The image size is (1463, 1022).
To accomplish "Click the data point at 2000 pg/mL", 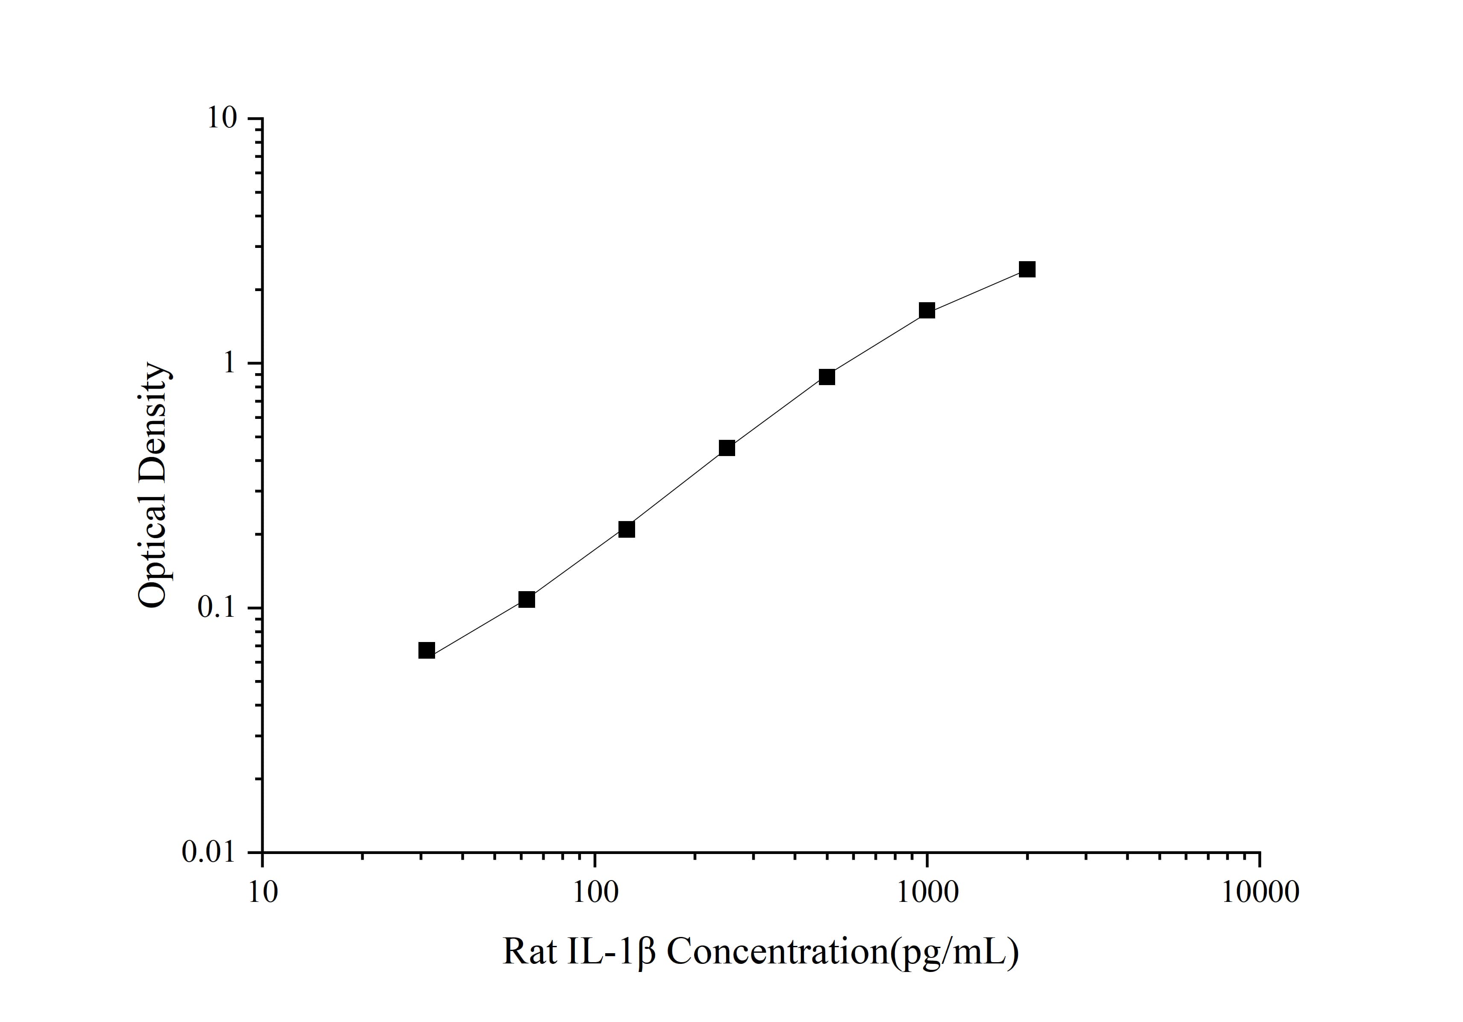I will point(1027,270).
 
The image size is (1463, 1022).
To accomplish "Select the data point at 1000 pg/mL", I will point(927,311).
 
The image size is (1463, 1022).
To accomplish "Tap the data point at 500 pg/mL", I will point(827,377).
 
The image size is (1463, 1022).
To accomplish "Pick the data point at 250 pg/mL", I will point(727,448).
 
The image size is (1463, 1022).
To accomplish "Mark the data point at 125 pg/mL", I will point(627,530).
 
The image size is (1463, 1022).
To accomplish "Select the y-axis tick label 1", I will point(229,363).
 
